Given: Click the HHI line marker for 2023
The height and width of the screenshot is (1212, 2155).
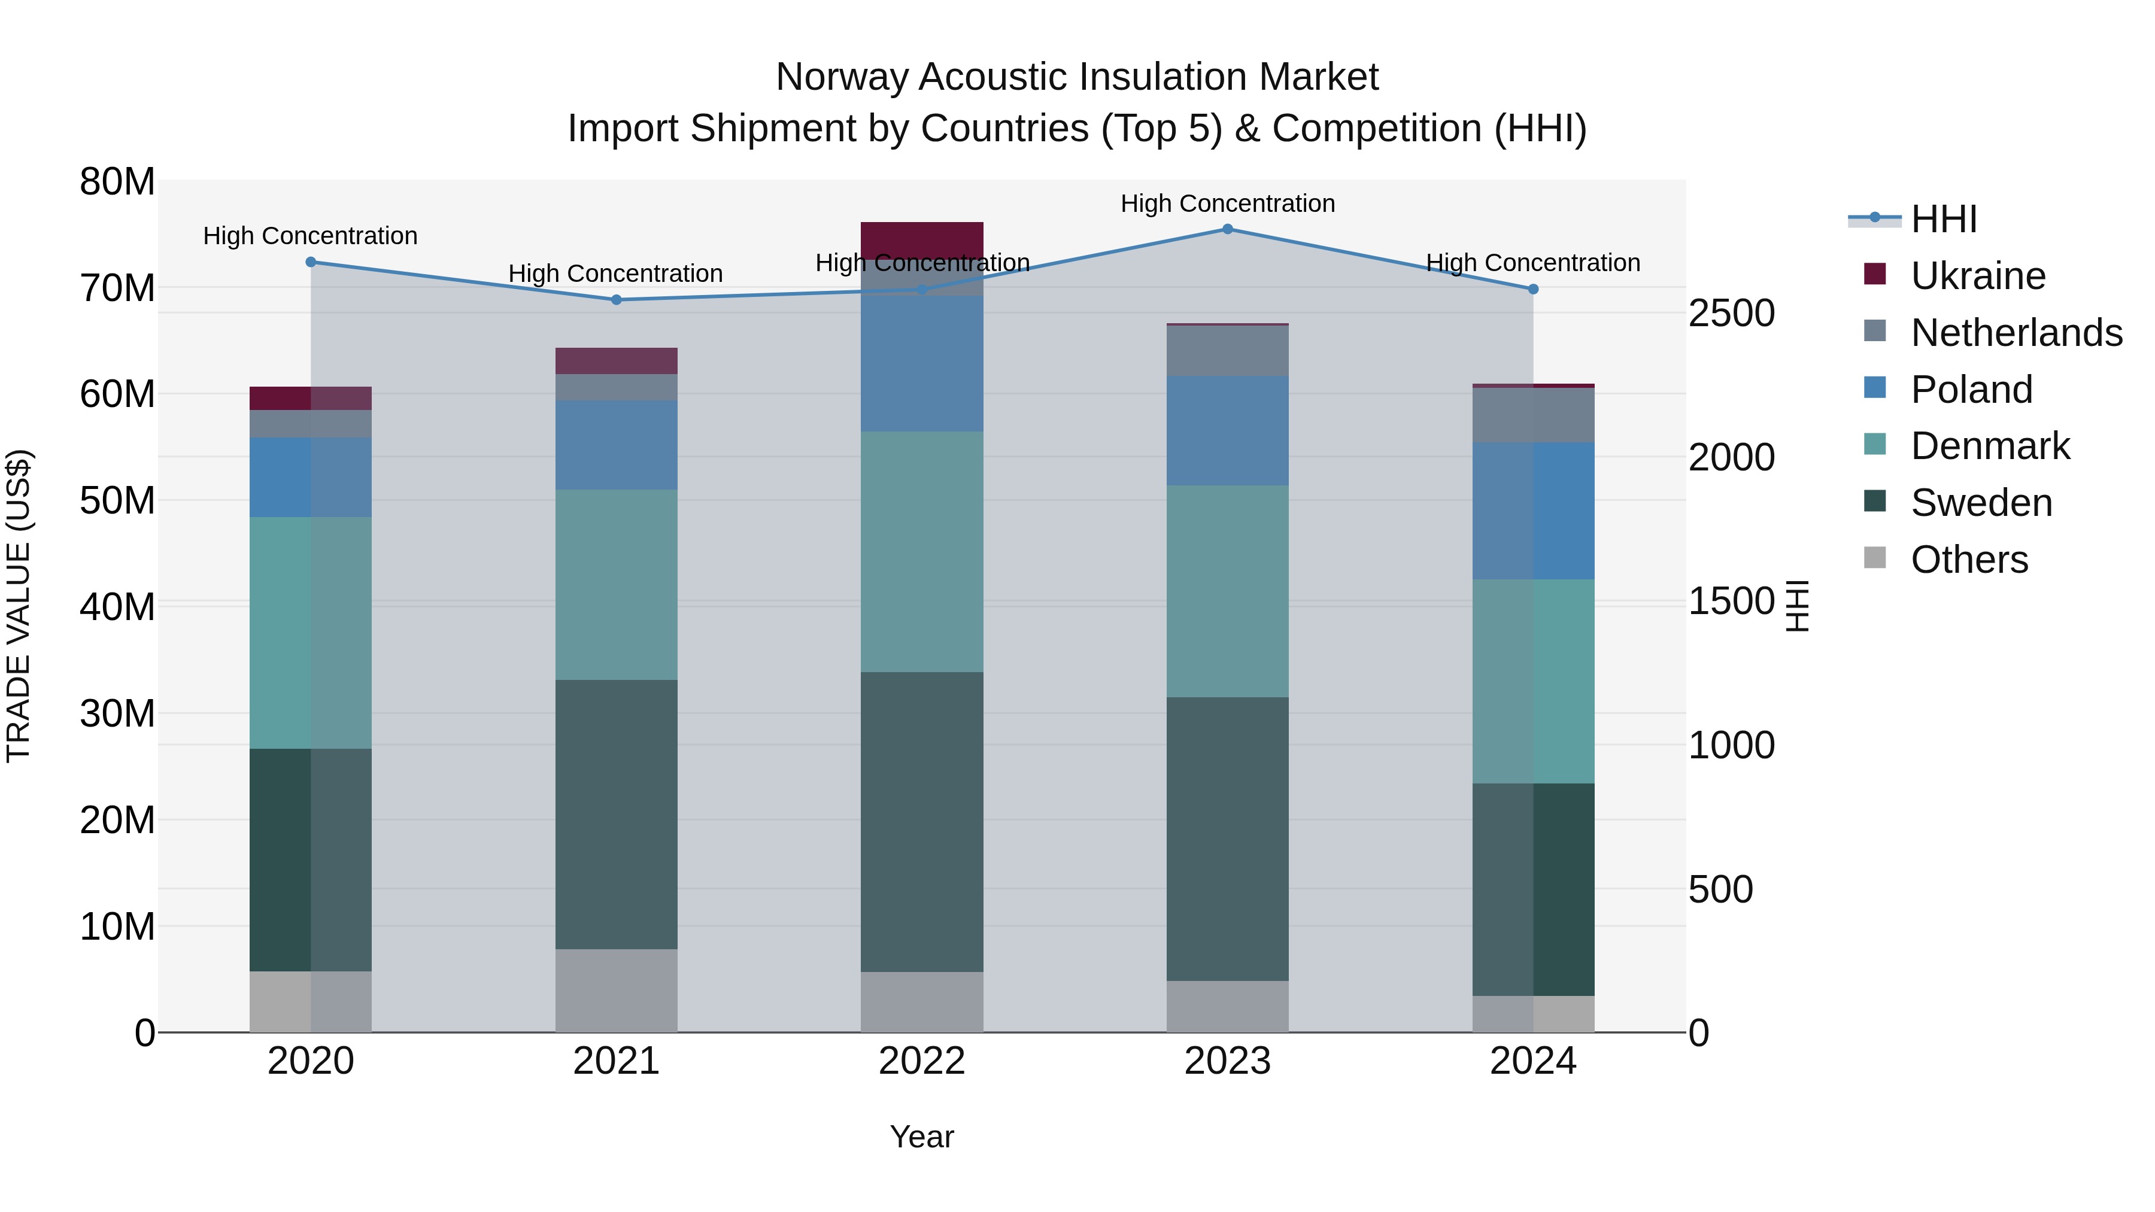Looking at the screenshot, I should [1227, 229].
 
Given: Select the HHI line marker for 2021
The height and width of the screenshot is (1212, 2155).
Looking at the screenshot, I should [617, 299].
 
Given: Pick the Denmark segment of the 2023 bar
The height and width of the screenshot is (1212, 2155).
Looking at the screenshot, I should [1227, 591].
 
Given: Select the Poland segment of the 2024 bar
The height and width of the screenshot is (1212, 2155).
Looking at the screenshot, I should [1532, 511].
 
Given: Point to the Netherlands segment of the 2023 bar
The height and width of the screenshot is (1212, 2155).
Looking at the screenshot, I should [1227, 351].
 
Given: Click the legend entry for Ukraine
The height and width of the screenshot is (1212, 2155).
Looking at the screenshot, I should [1978, 276].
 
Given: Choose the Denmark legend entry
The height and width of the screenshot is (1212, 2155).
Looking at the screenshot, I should [1989, 446].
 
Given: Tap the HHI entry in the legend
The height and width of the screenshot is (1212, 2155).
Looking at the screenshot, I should [1943, 219].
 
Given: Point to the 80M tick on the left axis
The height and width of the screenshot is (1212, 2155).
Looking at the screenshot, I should [117, 181].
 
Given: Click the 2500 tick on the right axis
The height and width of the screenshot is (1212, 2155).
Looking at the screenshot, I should [1731, 313].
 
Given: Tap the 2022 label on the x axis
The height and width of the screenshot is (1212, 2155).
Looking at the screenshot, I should [922, 1061].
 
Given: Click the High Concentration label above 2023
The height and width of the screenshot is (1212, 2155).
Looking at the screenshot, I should [1227, 203].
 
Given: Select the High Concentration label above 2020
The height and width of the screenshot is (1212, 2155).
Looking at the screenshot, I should [310, 236].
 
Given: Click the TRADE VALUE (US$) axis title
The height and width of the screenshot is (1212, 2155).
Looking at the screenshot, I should [19, 606].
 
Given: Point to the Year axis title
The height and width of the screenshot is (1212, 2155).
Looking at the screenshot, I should [922, 1137].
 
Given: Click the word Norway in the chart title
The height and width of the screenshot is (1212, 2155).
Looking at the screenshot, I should [842, 77].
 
